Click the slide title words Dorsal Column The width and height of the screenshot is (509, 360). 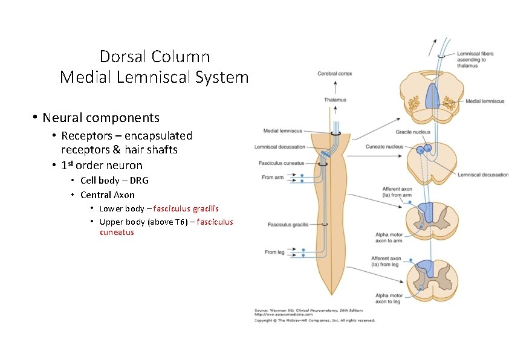tap(155, 57)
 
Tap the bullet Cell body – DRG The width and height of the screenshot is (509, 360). tap(114, 180)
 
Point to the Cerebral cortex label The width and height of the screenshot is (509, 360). tap(334, 74)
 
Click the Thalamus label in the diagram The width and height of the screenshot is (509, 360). tap(335, 100)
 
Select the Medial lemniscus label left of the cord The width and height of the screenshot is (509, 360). tap(282, 130)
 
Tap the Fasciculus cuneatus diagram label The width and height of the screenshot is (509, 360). tap(281, 163)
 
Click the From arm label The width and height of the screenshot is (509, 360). tap(273, 178)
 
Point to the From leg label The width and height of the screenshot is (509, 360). tap(274, 252)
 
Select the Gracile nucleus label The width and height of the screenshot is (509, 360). tap(413, 132)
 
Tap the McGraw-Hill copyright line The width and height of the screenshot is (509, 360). tap(314, 320)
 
